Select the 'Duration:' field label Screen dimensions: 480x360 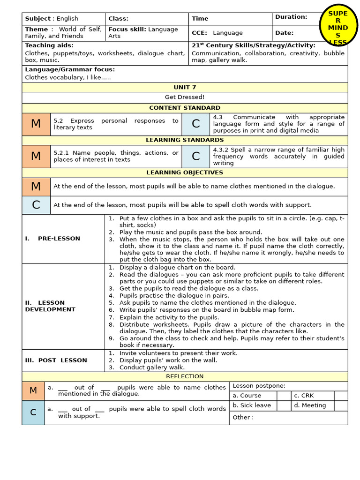291,17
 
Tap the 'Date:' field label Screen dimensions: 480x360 284,33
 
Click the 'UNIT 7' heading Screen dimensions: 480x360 185,87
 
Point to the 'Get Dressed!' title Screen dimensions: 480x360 185,97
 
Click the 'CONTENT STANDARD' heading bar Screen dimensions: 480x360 185,108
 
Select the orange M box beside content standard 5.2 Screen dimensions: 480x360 36,124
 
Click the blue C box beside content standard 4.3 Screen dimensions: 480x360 196,124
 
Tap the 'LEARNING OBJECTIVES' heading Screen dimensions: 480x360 185,172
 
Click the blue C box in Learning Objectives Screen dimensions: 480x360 36,205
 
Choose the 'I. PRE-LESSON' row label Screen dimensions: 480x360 52,239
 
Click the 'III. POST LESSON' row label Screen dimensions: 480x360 56,360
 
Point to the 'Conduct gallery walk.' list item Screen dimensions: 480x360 152,367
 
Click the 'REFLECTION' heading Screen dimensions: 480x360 185,376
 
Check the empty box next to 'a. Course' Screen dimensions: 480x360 284,396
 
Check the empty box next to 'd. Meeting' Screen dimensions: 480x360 341,405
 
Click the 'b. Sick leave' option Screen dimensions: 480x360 252,405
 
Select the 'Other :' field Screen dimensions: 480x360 243,418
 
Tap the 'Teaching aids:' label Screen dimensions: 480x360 49,45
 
